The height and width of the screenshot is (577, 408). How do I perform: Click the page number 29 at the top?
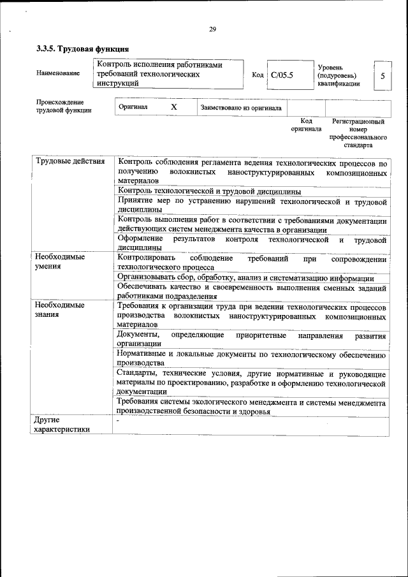pyautogui.click(x=212, y=28)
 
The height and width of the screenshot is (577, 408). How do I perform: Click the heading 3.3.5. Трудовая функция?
pyautogui.click(x=82, y=48)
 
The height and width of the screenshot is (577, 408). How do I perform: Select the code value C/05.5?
pyautogui.click(x=281, y=75)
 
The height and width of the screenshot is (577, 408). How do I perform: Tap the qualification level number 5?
pyautogui.click(x=382, y=75)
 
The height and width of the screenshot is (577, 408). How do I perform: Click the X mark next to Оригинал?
pyautogui.click(x=173, y=107)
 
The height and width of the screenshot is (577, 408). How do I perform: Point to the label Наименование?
pyautogui.click(x=58, y=73)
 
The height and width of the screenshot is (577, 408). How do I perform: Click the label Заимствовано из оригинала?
pyautogui.click(x=241, y=108)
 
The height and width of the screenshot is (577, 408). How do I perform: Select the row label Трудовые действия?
pyautogui.click(x=70, y=161)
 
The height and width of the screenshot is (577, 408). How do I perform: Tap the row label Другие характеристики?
pyautogui.click(x=62, y=425)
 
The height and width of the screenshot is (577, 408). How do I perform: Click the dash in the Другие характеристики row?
pyautogui.click(x=119, y=421)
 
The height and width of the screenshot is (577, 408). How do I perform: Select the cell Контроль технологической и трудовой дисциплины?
pyautogui.click(x=209, y=191)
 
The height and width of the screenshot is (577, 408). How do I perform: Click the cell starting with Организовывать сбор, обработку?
pyautogui.click(x=246, y=278)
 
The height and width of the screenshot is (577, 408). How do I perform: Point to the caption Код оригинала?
pyautogui.click(x=306, y=124)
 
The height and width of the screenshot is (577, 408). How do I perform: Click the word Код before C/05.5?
pyautogui.click(x=258, y=75)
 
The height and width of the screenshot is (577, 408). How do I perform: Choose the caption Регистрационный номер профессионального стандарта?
pyautogui.click(x=358, y=133)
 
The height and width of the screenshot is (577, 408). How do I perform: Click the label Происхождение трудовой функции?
pyautogui.click(x=64, y=106)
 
